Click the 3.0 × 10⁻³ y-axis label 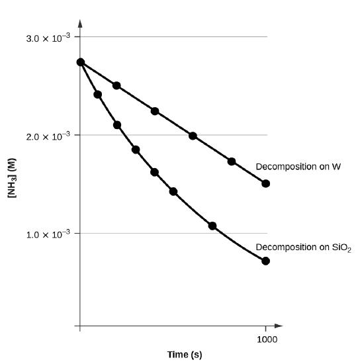click(x=48, y=38)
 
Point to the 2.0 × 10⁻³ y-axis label click(x=48, y=136)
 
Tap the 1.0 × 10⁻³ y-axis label click(x=48, y=234)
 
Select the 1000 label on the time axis click(x=267, y=340)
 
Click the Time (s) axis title click(x=185, y=355)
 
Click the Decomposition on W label click(x=298, y=167)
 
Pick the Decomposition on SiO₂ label click(x=304, y=248)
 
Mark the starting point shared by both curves click(x=81, y=62)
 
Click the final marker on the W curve click(x=266, y=183)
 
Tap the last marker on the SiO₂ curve click(x=266, y=261)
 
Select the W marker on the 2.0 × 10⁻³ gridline click(x=193, y=136)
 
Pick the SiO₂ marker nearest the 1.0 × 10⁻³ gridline click(x=212, y=226)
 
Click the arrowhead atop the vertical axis click(x=80, y=24)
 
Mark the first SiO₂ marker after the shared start click(x=98, y=95)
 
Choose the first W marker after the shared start click(x=116, y=85)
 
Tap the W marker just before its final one click(x=232, y=161)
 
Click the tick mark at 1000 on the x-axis click(x=266, y=326)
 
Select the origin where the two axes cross click(x=80, y=326)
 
